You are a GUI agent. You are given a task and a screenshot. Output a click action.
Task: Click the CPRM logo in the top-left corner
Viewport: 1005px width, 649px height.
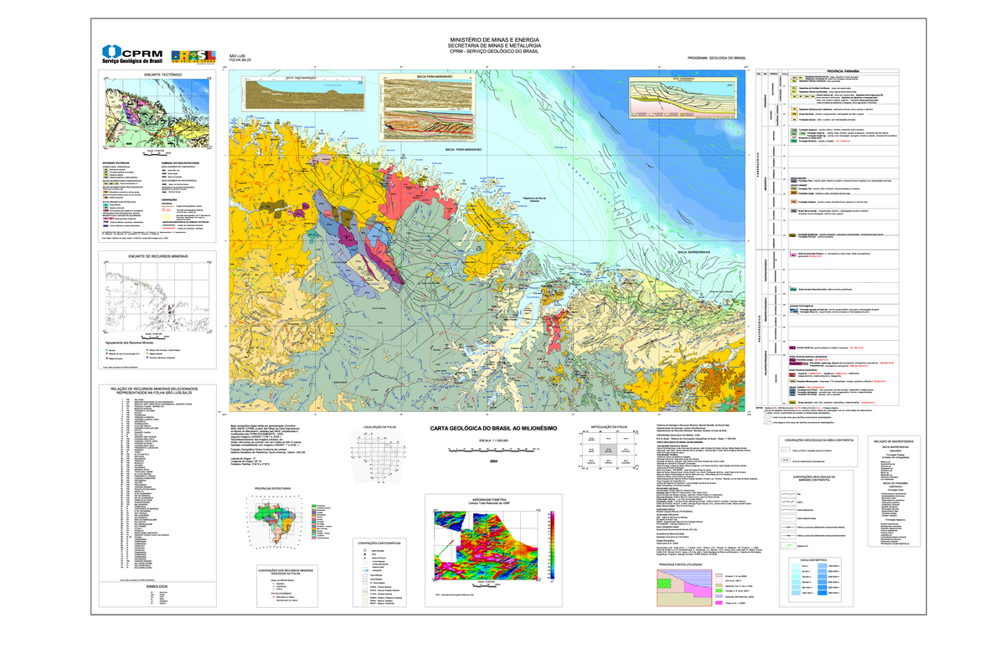click(132, 54)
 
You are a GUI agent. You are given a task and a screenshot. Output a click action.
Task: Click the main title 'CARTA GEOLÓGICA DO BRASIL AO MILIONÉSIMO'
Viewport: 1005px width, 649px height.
click(487, 428)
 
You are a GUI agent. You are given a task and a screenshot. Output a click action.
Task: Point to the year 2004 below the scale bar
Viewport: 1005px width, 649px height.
click(493, 461)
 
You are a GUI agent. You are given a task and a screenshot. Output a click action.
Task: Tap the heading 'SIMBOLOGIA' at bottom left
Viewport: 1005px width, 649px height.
click(157, 586)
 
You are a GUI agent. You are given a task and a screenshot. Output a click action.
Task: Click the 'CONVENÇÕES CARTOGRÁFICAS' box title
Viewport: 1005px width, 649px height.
click(373, 543)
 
